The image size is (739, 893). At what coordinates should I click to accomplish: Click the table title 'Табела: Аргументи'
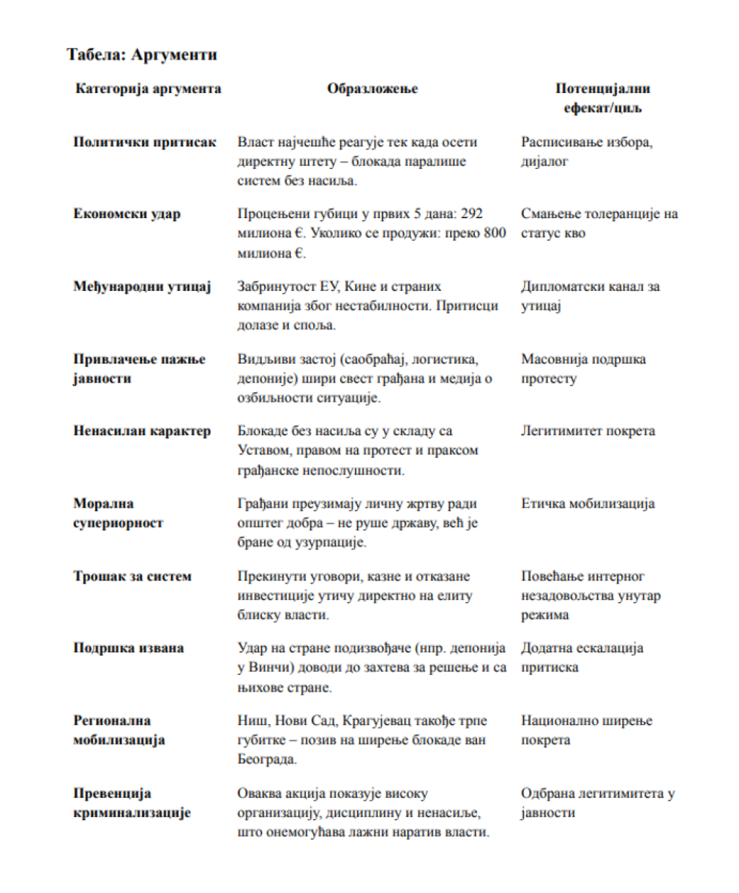[141, 55]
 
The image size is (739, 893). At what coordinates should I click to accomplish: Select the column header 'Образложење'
[372, 89]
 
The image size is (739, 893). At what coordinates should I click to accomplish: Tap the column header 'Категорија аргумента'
[148, 89]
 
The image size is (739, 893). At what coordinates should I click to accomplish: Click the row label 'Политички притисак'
[144, 142]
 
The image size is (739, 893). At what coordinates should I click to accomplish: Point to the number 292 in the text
[471, 214]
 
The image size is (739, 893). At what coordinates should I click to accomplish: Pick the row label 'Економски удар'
[127, 214]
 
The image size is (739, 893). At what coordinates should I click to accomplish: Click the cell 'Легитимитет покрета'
[588, 431]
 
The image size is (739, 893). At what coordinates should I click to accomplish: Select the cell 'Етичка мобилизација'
[587, 504]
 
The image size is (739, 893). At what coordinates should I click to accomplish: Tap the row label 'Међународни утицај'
[142, 287]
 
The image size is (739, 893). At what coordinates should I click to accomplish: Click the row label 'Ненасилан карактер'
[142, 431]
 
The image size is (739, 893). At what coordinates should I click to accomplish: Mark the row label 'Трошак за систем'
[132, 576]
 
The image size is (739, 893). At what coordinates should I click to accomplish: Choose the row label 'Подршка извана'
[128, 648]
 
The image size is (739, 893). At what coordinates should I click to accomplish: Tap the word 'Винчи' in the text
[268, 668]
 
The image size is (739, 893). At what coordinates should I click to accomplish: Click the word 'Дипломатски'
[564, 287]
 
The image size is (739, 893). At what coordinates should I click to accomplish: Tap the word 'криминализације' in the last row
[132, 813]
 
